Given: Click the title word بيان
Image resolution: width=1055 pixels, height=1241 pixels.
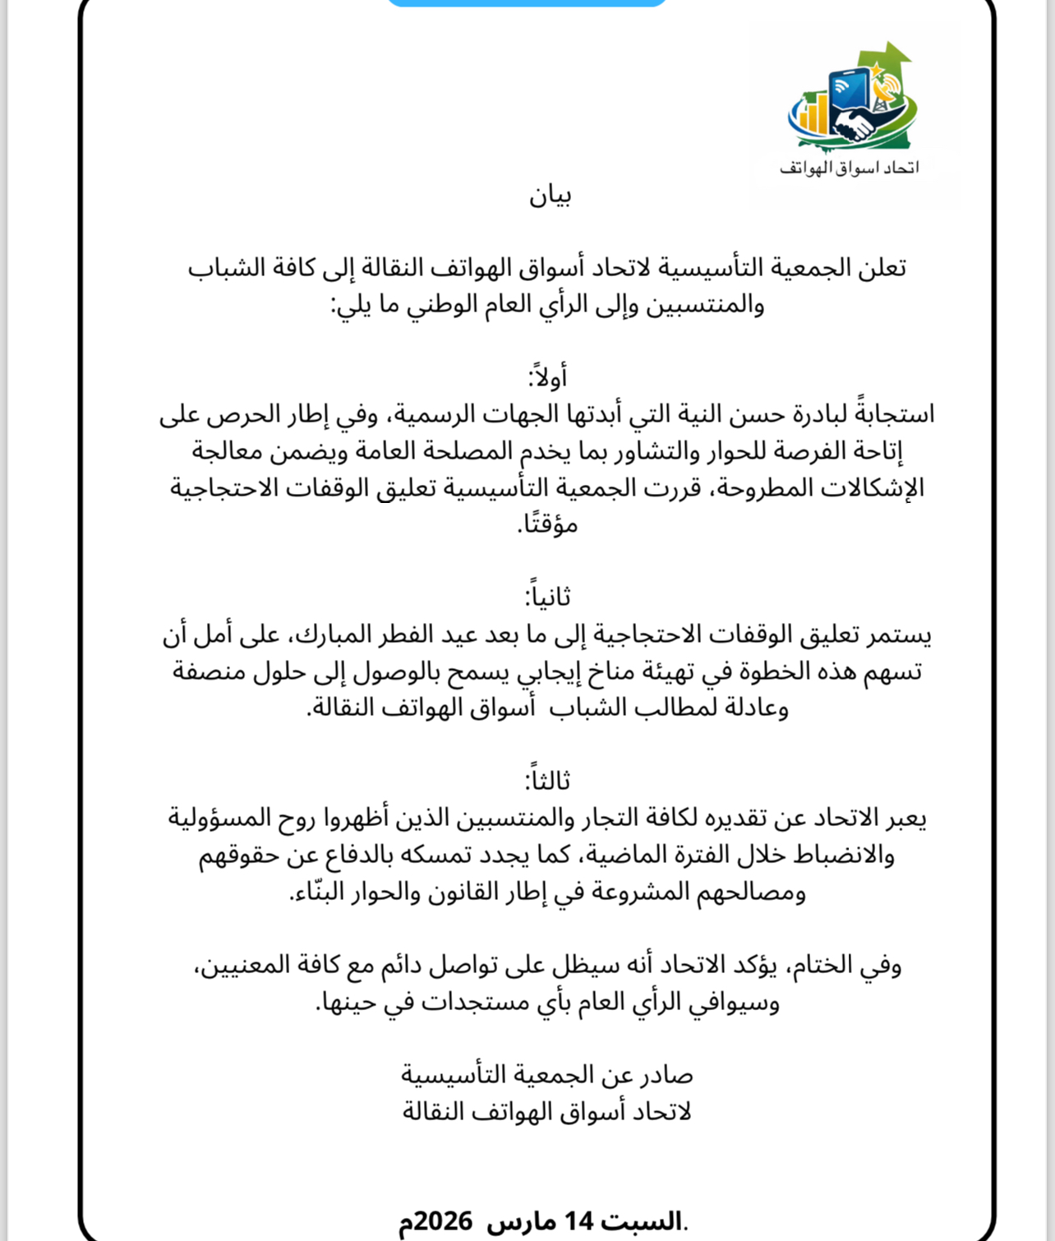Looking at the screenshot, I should (x=550, y=196).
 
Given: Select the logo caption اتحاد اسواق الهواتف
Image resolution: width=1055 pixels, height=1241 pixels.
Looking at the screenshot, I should (x=849, y=168).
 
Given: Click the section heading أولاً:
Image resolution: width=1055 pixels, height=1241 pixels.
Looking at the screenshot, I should (x=547, y=377).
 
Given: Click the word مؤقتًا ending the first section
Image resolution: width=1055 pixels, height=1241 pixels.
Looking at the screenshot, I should (x=548, y=524).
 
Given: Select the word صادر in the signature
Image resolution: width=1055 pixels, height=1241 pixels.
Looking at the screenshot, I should (x=667, y=1075).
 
